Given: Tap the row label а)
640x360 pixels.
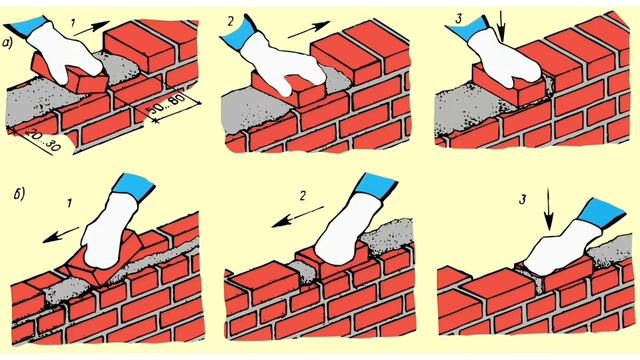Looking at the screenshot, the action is tap(8, 43).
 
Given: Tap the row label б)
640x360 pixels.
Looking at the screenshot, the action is tap(20, 193).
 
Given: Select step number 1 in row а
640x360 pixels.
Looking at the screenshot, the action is tap(73, 23).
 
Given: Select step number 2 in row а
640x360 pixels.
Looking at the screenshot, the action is tap(231, 21).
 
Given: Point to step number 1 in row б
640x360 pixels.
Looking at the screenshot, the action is tap(69, 203).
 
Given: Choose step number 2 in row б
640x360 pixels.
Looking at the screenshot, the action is tap(302, 196).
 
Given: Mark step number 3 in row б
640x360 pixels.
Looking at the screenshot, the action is tap(523, 200).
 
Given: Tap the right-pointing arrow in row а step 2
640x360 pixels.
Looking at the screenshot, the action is tap(309, 30).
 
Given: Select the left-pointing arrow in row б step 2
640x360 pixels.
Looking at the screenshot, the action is tap(298, 217).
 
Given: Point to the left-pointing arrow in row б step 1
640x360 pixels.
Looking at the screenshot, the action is tap(61, 235).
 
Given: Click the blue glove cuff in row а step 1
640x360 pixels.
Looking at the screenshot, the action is tap(29, 27).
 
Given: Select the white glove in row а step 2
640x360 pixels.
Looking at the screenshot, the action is tap(282, 67).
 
